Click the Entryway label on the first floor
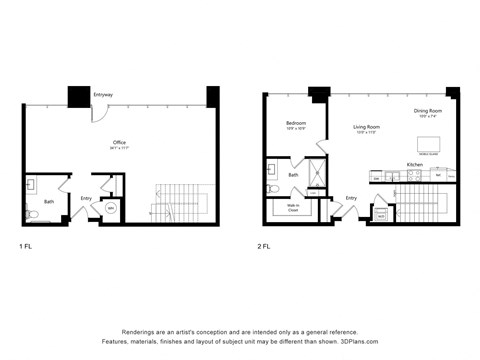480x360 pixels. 102,95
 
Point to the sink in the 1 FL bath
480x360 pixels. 31,185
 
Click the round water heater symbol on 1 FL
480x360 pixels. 111,209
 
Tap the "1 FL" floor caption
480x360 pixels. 26,245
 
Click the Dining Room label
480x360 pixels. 427,111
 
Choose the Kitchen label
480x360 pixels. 414,164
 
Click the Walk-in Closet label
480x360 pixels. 293,209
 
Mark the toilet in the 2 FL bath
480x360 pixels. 274,187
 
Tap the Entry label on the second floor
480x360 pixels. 351,198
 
